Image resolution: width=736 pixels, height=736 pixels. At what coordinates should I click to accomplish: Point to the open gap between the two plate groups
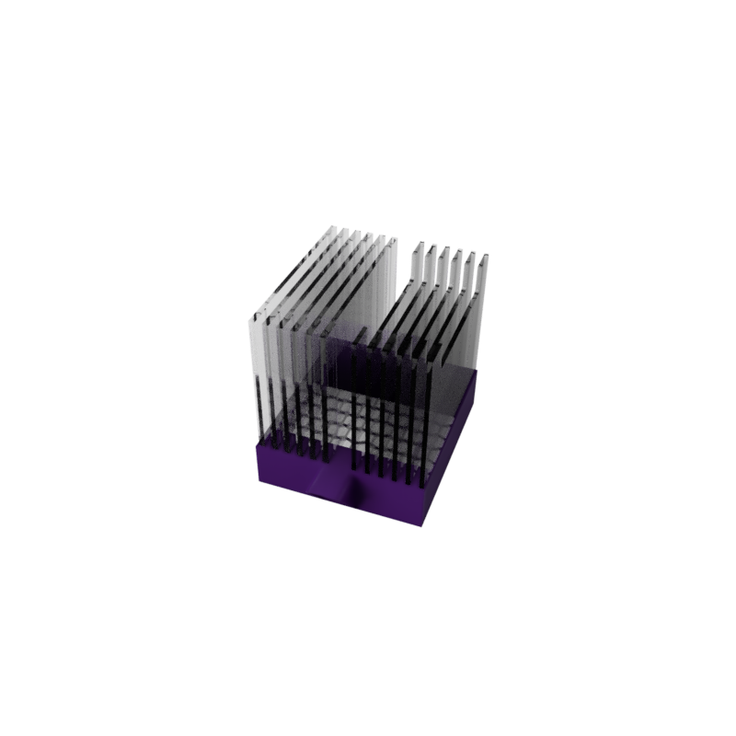[x=403, y=276]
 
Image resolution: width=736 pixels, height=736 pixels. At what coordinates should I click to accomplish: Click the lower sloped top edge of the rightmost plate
[x=451, y=322]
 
